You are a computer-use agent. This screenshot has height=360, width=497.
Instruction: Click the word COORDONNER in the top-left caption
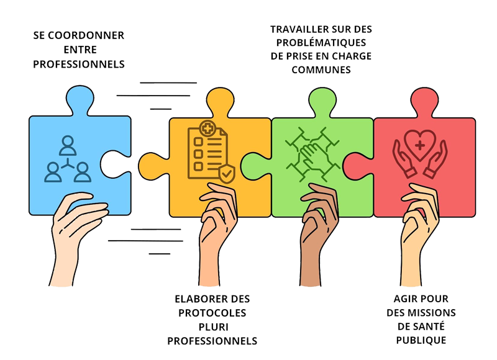click(86, 35)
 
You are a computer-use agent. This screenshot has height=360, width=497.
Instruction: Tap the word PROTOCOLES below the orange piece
click(212, 313)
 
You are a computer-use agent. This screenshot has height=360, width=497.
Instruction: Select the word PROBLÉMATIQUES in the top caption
click(321, 42)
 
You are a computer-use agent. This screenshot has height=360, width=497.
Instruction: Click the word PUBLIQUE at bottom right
click(421, 340)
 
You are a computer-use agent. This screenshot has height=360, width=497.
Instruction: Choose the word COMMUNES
click(321, 70)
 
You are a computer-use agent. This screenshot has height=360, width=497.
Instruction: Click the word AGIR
click(404, 299)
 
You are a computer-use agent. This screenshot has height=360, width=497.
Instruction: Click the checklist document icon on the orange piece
click(207, 152)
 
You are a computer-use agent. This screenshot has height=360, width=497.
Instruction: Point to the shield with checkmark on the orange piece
click(227, 174)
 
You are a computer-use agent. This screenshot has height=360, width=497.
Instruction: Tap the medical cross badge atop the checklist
click(207, 128)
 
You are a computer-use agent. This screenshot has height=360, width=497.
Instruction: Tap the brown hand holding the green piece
click(318, 235)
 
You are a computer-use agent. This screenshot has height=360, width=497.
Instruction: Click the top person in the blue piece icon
click(68, 146)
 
